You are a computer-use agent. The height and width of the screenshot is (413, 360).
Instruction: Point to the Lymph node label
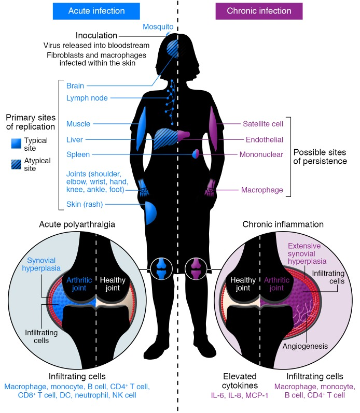pyautogui.click(x=87, y=97)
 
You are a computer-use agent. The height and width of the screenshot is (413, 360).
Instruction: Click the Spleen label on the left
pyautogui.click(x=78, y=154)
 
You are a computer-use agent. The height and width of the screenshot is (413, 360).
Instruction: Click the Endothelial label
pyautogui.click(x=264, y=139)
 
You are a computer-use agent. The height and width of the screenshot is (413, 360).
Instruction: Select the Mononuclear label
pyautogui.click(x=261, y=154)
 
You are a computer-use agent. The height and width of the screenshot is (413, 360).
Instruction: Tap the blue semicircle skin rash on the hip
pyautogui.click(x=150, y=212)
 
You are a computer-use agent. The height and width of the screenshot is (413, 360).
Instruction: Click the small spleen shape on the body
pyautogui.click(x=196, y=154)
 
